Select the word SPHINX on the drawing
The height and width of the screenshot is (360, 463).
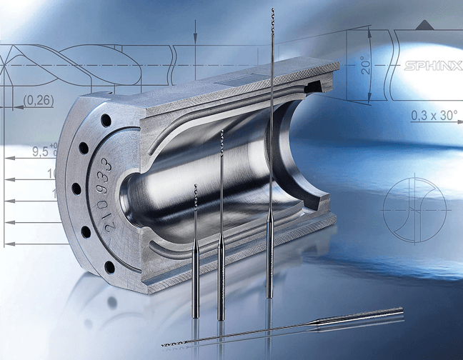point(431,68)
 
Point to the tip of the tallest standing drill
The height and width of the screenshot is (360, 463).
point(273,11)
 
